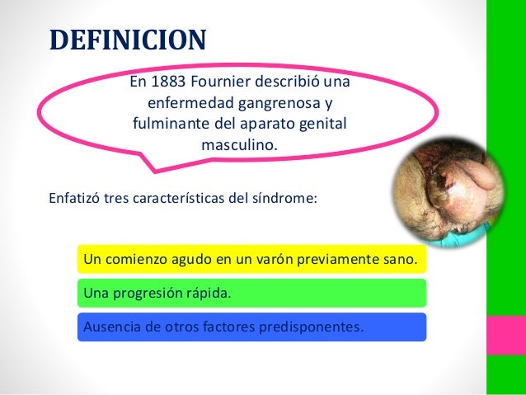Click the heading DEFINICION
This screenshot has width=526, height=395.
pyautogui.click(x=128, y=39)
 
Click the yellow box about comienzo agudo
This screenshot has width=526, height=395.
pyautogui.click(x=251, y=261)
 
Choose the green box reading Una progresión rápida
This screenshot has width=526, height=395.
pyautogui.click(x=251, y=294)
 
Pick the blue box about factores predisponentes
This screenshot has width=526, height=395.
pyautogui.click(x=251, y=326)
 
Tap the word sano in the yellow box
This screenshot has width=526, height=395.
pyautogui.click(x=400, y=261)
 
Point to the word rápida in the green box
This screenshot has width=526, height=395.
pyautogui.click(x=209, y=294)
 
